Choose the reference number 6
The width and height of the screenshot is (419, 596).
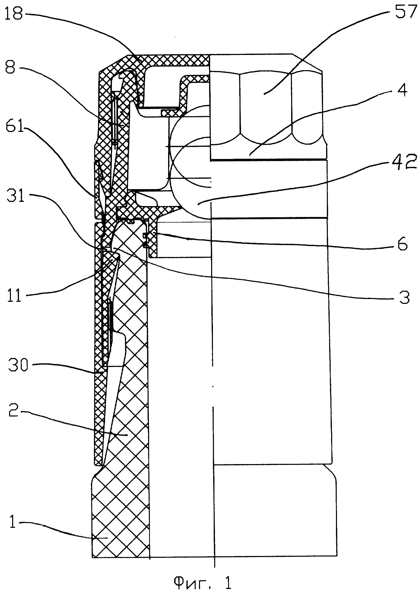403,244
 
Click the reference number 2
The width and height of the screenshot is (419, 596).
13,411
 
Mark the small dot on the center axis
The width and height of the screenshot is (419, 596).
213,387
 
